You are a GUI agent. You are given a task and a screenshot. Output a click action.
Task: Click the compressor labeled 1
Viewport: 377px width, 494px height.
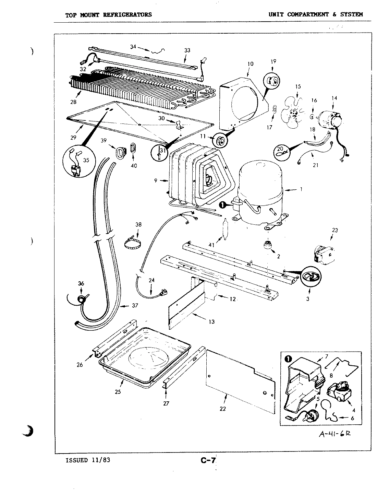pyautogui.click(x=260, y=196)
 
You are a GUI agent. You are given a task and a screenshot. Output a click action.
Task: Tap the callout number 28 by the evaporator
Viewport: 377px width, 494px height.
pyautogui.click(x=73, y=102)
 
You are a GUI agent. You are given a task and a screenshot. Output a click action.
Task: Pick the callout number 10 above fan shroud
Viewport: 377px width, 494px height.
pyautogui.click(x=250, y=64)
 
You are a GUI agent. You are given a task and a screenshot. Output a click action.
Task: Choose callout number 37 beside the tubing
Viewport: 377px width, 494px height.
pyautogui.click(x=135, y=305)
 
